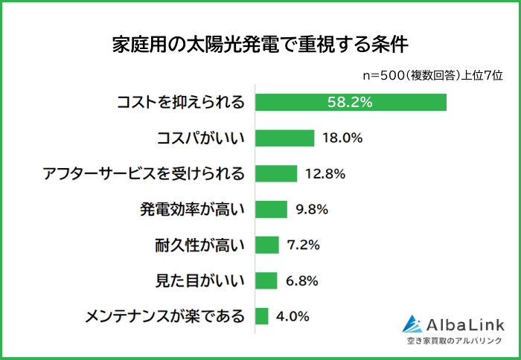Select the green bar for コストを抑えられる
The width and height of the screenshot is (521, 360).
pos(351,102)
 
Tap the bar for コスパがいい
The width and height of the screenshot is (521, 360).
pos(285,138)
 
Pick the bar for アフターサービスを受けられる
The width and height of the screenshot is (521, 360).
pos(276,173)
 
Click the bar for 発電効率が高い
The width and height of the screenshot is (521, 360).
pos(271,209)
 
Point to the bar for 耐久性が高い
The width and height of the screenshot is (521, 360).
pos(267,245)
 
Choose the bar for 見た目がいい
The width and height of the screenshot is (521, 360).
pos(266,280)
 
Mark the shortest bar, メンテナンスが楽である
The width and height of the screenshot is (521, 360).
pos(262,316)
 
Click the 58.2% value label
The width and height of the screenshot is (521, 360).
pos(350,102)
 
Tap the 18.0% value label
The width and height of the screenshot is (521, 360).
pos(342,138)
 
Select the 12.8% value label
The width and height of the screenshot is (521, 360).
pos(325,174)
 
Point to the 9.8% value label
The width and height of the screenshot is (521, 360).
pos(312,210)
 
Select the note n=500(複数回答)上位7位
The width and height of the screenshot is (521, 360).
pos(432,74)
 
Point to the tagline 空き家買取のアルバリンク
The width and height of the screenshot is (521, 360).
pos(456,341)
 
